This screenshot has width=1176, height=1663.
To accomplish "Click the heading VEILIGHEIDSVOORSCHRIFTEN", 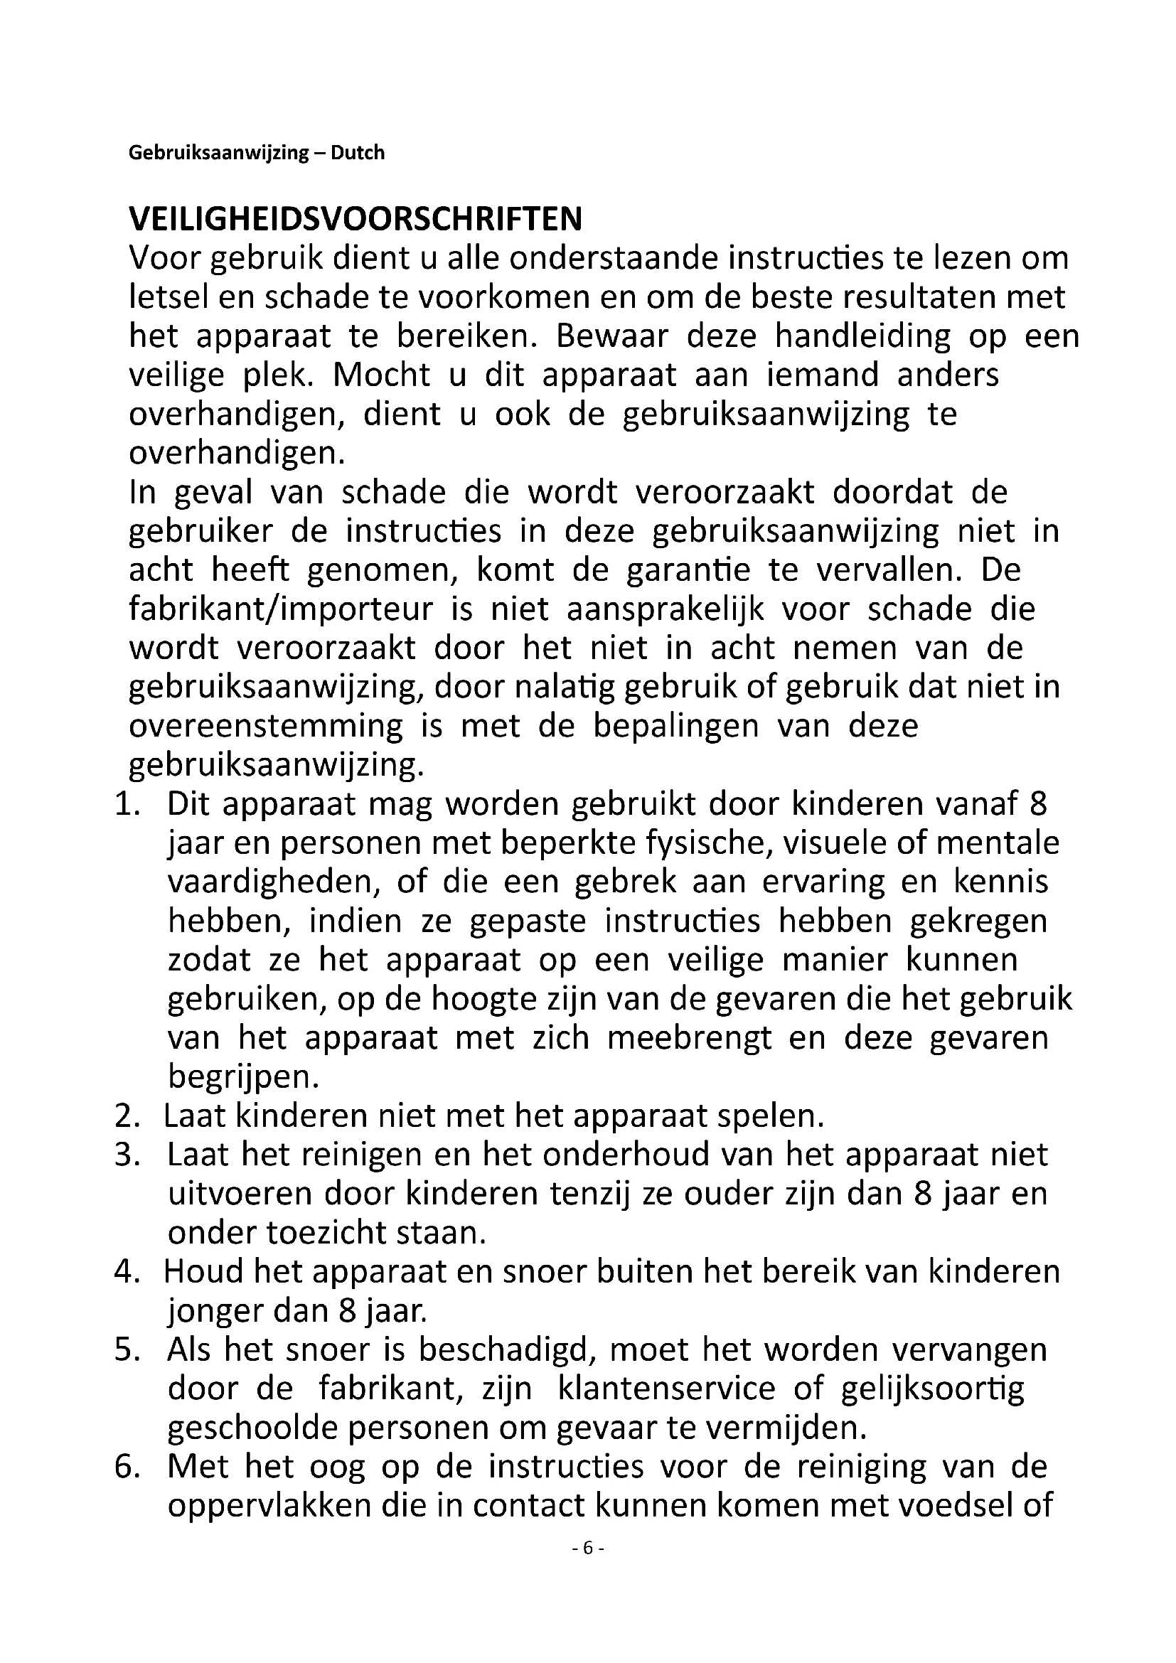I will (355, 220).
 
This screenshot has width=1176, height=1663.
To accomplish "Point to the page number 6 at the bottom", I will (587, 1548).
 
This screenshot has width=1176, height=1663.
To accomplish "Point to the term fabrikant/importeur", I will (280, 609).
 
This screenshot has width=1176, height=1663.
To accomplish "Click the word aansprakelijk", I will (665, 609).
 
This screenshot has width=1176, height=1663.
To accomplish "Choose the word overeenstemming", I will (266, 727).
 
